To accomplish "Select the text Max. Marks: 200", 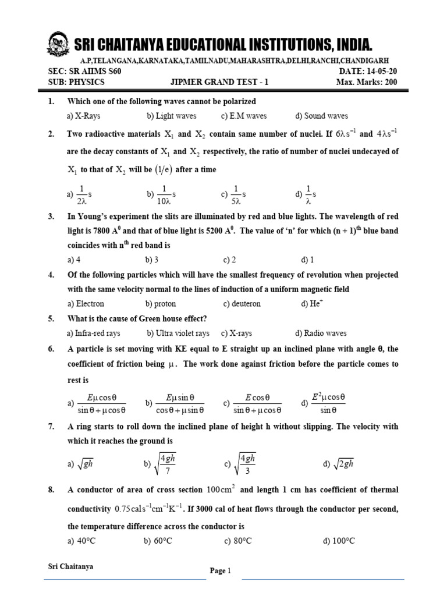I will point(367,82).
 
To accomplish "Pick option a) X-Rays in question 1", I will point(84,116).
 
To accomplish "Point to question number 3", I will point(51,216).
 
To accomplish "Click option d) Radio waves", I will point(321,334).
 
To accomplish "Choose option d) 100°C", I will point(339,541).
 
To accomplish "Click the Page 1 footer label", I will point(221,571).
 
